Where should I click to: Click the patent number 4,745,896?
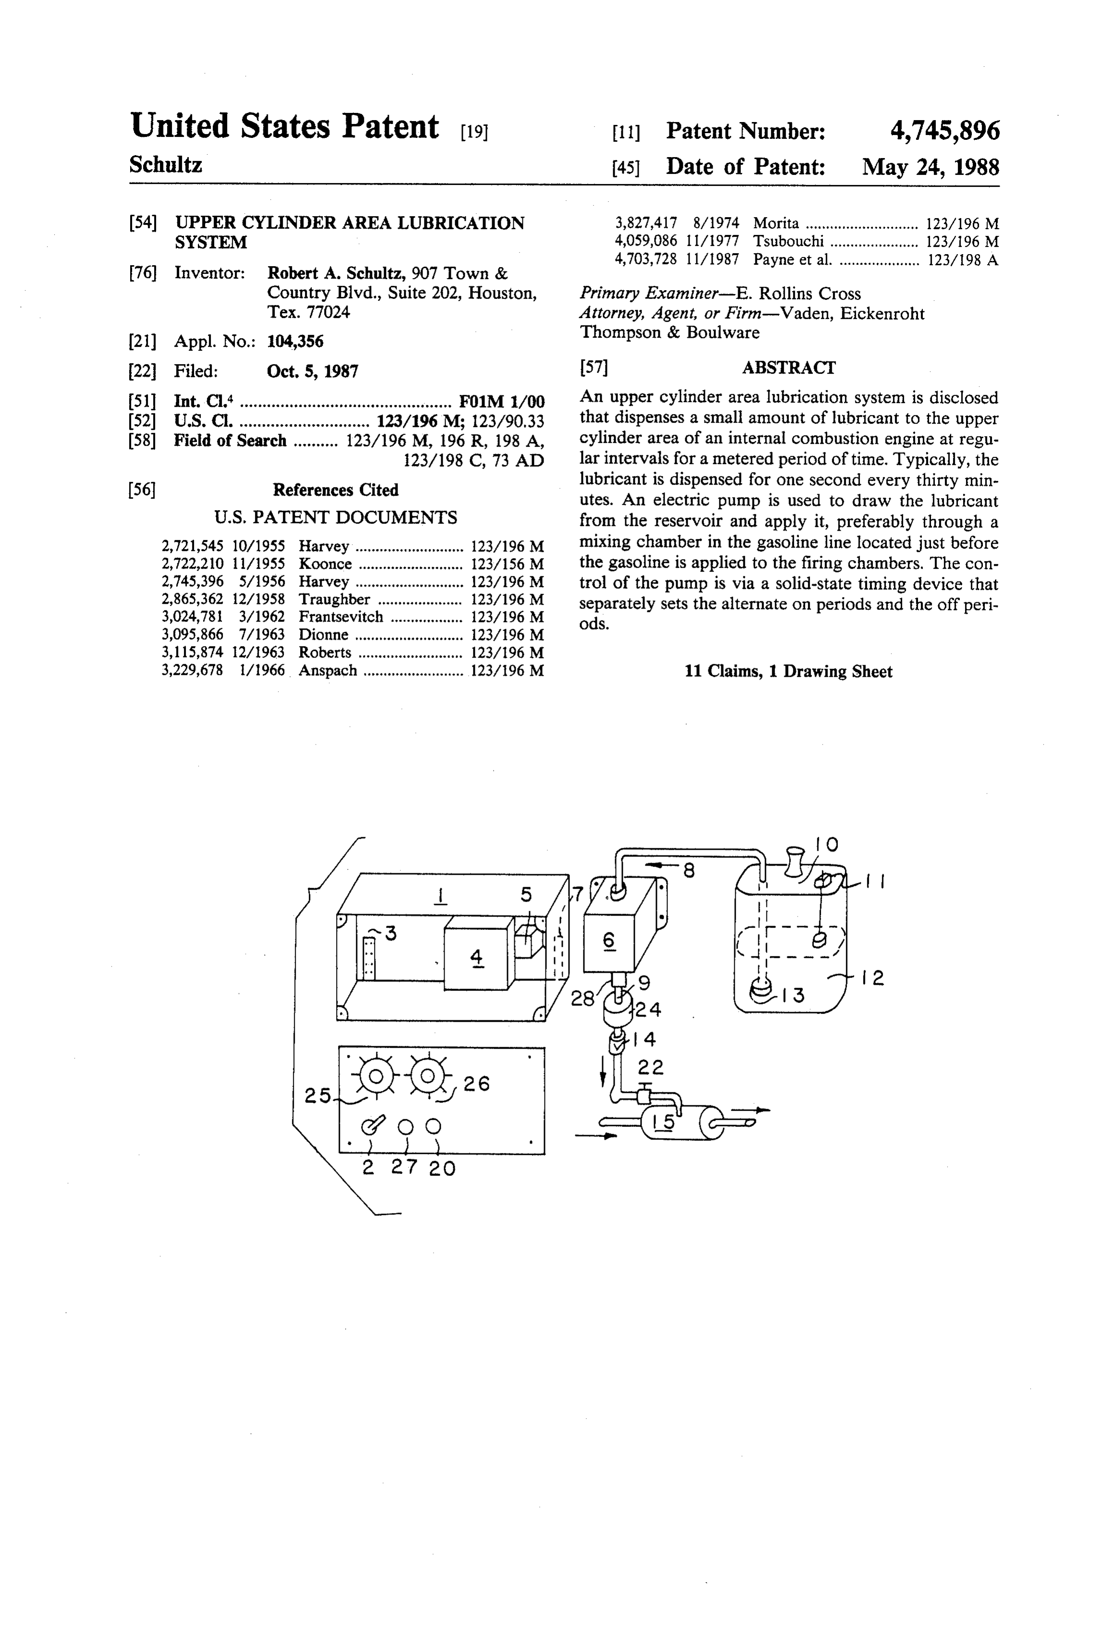point(944,131)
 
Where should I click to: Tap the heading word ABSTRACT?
point(788,367)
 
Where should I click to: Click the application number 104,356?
point(295,342)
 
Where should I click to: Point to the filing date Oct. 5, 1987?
point(313,371)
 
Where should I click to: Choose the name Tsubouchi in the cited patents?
point(788,242)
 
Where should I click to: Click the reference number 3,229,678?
point(192,671)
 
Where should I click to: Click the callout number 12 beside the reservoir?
point(872,977)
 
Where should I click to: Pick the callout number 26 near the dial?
point(476,1083)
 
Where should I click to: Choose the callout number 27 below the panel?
point(404,1167)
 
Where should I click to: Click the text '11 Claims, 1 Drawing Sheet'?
point(788,672)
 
